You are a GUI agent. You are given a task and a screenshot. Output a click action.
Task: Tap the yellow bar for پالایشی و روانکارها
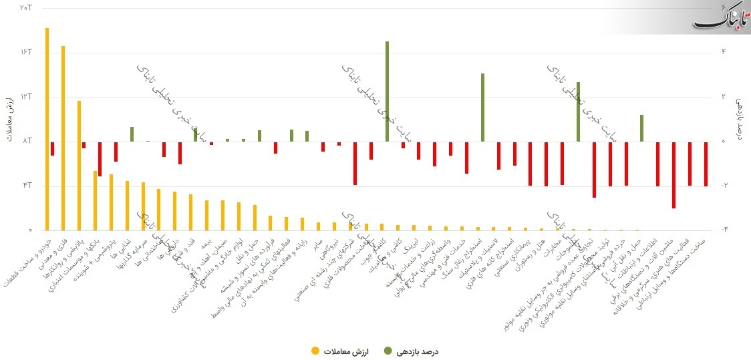[79, 165]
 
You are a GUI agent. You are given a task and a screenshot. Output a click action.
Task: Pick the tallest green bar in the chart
[387, 92]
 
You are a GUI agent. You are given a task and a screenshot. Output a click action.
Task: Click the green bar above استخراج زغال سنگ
[482, 108]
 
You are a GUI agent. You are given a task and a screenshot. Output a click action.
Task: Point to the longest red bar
[673, 175]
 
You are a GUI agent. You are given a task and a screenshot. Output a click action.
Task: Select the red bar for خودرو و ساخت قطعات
[52, 148]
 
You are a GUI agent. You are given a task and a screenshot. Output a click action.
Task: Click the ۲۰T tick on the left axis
[26, 7]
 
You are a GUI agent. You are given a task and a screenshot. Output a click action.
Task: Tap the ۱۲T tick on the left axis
[26, 96]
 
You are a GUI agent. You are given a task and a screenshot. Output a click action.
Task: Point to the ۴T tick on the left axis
[26, 185]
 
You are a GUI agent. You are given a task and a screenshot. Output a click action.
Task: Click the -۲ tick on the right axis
[726, 185]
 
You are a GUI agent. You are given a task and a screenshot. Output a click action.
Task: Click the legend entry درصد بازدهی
[412, 350]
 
